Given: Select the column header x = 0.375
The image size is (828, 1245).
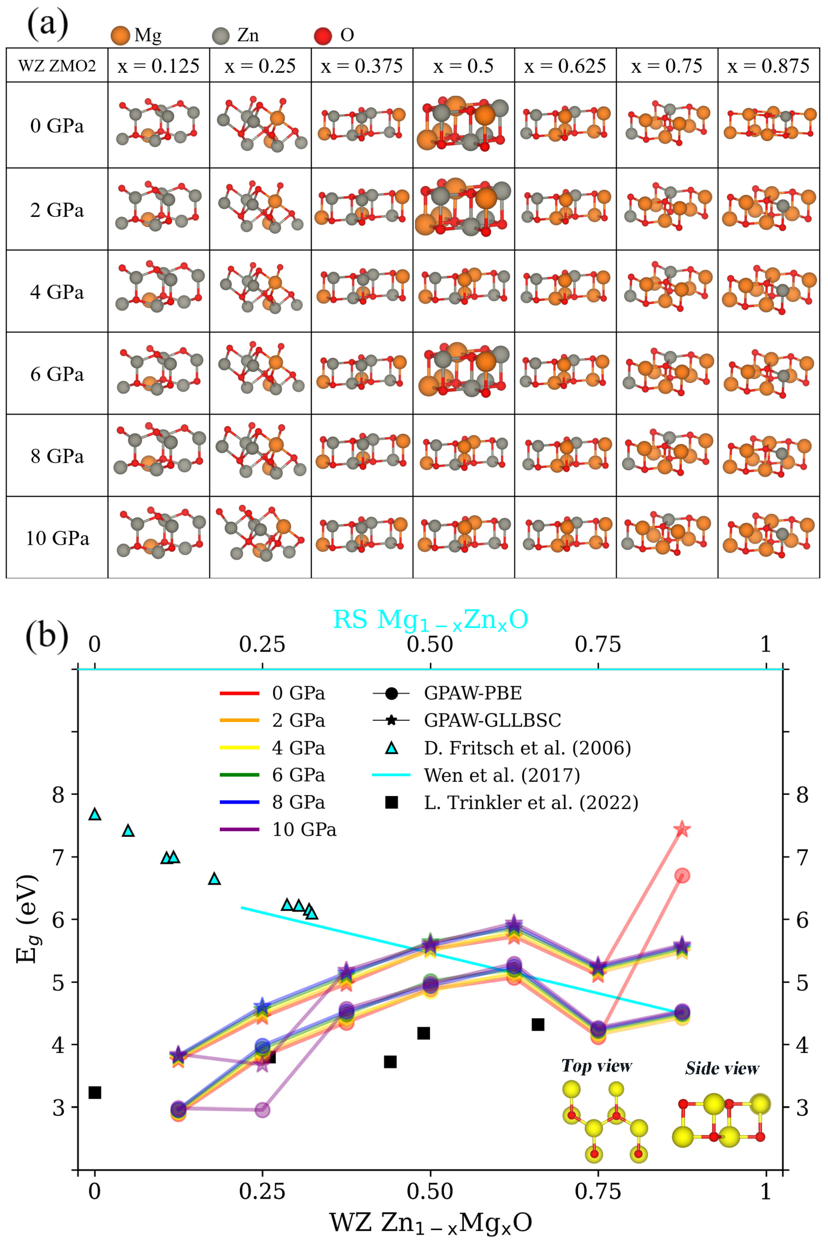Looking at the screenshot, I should point(362,66).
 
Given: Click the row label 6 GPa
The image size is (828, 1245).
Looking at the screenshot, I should point(57,374).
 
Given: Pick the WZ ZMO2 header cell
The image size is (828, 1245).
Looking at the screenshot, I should point(57,66).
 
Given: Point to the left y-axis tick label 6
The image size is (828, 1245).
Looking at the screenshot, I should point(58,919).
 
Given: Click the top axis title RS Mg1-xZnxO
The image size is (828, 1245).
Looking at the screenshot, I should point(430,620).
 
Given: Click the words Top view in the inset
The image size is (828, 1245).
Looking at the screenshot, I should point(597,1066).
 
